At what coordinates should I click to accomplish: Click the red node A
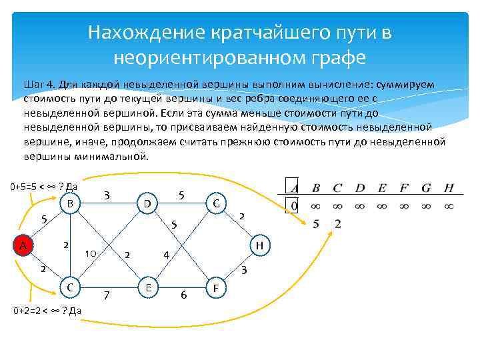[x=23, y=246]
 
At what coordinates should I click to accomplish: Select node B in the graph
[x=69, y=202]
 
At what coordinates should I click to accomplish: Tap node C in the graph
[x=69, y=287]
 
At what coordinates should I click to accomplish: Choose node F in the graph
[x=216, y=288]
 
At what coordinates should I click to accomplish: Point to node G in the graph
[x=216, y=202]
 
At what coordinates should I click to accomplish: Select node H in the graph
[x=261, y=246]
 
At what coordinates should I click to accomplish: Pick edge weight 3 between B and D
[x=107, y=195]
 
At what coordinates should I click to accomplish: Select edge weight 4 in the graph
[x=167, y=255]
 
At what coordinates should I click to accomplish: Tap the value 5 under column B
[x=317, y=223]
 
